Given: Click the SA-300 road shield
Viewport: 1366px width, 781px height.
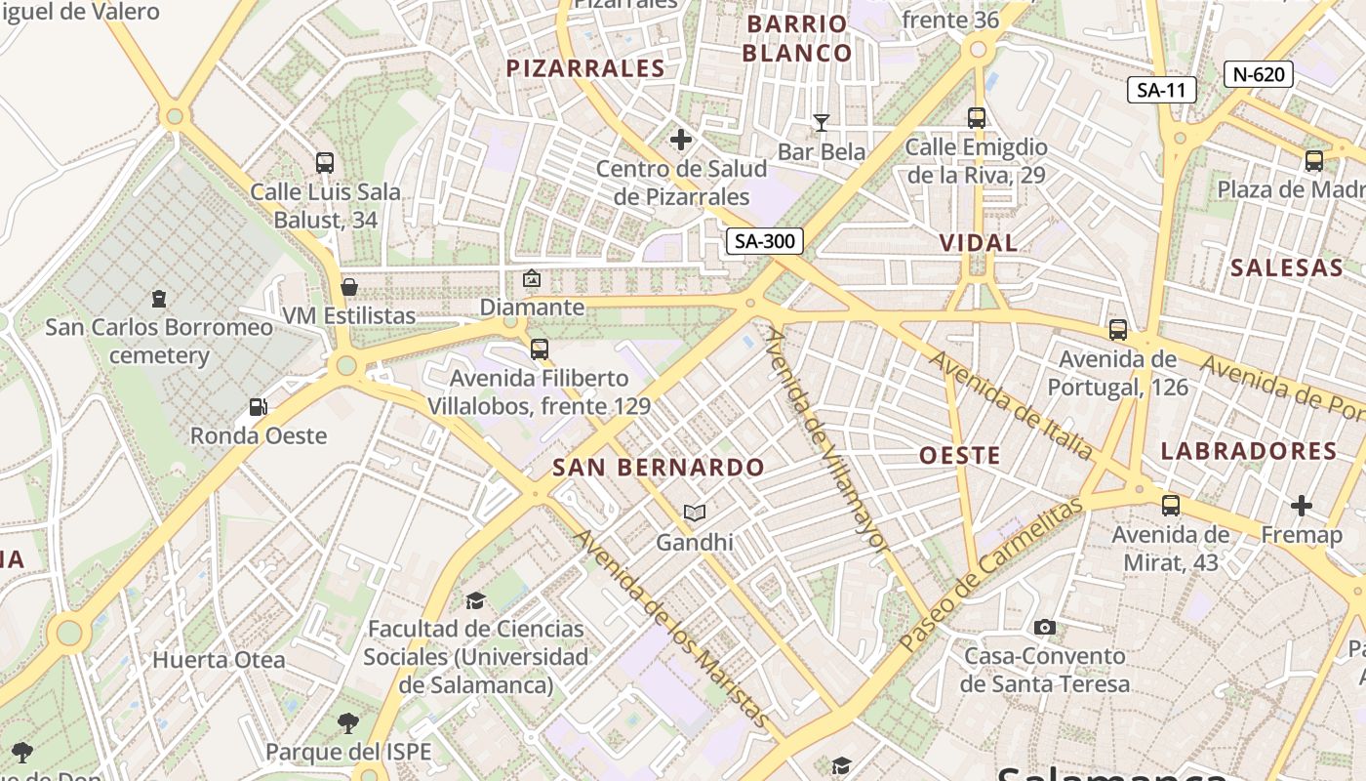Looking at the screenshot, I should (x=764, y=241).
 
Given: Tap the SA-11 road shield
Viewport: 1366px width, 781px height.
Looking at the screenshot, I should (x=1161, y=91).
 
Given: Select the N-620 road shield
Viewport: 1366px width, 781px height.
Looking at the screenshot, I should (x=1259, y=73).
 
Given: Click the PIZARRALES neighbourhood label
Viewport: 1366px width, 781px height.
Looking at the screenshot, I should (x=585, y=68).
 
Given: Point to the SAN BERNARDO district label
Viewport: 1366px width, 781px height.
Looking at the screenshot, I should (x=660, y=467).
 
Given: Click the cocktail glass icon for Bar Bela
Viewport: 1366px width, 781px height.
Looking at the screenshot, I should (x=822, y=122).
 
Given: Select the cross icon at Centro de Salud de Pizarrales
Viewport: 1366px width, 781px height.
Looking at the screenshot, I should (x=681, y=141).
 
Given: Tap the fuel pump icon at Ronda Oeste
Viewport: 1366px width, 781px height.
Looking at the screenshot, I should (x=258, y=407).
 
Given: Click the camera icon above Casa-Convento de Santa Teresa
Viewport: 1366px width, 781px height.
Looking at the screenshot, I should (x=1045, y=627).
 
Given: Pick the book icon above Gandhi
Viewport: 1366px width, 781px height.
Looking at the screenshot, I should (x=695, y=513).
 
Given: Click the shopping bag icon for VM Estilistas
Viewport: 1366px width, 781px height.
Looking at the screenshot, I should (x=349, y=287).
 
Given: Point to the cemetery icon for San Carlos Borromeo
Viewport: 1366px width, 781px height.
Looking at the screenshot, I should (x=159, y=298).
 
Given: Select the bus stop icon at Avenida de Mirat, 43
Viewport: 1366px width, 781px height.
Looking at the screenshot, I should (x=1171, y=506).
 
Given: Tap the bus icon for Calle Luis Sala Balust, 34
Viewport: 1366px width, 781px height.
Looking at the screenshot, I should (x=325, y=163).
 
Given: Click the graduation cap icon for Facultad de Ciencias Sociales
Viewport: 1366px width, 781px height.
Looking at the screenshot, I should (x=475, y=599).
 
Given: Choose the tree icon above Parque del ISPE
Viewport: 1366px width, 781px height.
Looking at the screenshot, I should (x=348, y=723).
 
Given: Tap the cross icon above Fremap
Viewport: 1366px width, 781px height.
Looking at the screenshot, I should (x=1301, y=506).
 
